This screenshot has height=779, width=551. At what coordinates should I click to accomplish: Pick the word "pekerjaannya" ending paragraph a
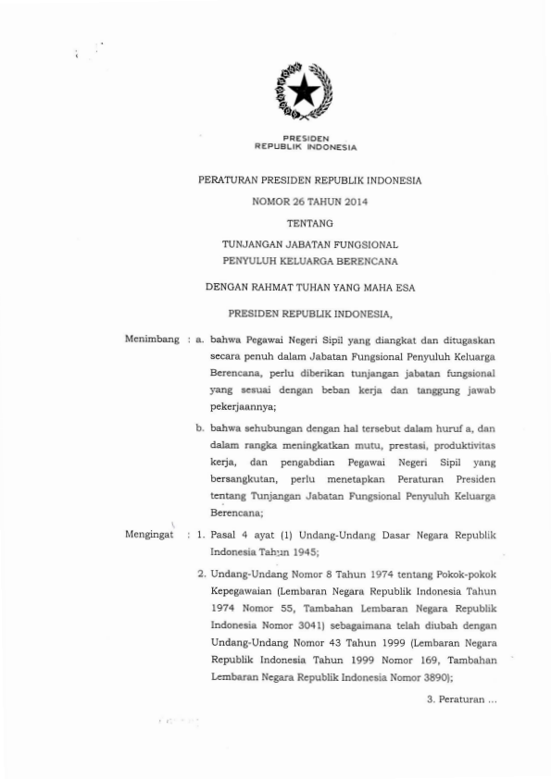[x=243, y=420]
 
